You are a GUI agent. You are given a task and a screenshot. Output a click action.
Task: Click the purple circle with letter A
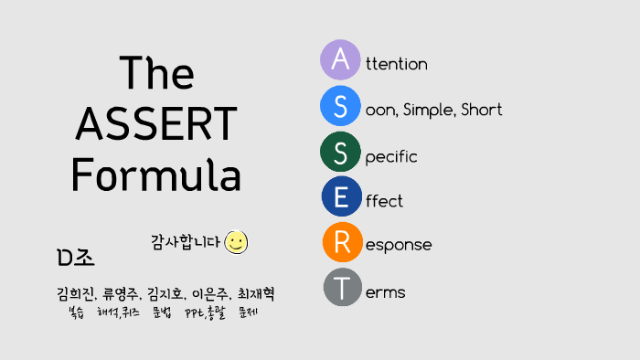click(340, 60)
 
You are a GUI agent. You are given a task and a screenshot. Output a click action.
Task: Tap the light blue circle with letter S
click(340, 106)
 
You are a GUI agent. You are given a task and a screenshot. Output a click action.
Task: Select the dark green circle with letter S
click(340, 152)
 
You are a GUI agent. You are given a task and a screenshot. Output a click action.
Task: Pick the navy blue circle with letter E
click(341, 196)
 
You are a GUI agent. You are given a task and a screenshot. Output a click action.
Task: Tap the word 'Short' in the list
click(482, 111)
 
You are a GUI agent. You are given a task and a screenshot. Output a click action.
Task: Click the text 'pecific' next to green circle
click(391, 157)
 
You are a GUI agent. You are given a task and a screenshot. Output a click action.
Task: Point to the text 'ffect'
click(384, 201)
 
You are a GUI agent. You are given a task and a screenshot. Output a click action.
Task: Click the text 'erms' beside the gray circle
click(385, 293)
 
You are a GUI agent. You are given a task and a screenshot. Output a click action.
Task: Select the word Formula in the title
click(156, 173)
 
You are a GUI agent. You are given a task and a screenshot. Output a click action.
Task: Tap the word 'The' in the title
click(156, 72)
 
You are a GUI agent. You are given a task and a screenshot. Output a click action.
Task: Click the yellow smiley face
click(237, 242)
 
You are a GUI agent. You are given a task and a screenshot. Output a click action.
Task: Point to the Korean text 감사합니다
click(186, 242)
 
